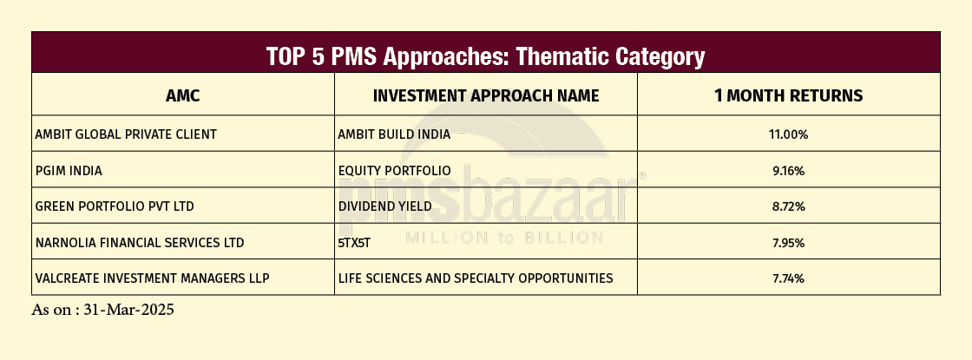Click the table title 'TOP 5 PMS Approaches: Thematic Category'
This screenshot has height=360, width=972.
tap(485, 56)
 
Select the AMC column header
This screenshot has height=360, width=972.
tap(183, 95)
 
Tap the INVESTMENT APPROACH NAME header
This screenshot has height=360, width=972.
tap(486, 95)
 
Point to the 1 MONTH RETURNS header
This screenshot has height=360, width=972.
tap(789, 95)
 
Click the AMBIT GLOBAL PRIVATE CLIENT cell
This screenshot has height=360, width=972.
tap(126, 134)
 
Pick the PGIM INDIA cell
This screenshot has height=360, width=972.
tap(69, 170)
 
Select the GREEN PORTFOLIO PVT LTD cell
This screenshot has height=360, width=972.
tap(115, 206)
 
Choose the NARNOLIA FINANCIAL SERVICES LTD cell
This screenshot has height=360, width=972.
tap(140, 242)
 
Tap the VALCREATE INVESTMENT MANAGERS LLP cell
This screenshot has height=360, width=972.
tap(153, 278)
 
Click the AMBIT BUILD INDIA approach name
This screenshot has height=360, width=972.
tap(394, 134)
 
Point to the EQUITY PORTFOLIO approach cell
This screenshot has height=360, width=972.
tap(394, 170)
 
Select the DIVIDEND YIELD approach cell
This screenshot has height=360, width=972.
tap(385, 206)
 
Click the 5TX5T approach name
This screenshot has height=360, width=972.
tap(354, 242)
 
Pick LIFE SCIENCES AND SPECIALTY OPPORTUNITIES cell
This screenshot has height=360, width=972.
tap(476, 278)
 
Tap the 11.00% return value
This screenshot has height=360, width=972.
tap(789, 134)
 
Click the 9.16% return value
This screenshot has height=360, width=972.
tap(789, 170)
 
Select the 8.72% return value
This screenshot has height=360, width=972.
tap(789, 206)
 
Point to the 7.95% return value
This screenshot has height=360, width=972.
tap(789, 242)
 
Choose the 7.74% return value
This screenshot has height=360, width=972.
tap(789, 278)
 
